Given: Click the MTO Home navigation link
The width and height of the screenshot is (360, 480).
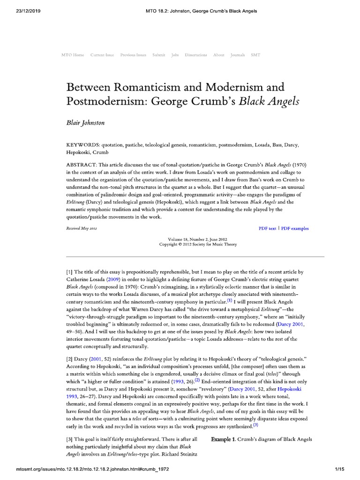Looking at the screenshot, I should coord(73,55).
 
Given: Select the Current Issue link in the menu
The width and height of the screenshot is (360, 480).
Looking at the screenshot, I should coord(102,55).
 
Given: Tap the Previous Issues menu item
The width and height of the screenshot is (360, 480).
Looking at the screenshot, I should coord(133,55).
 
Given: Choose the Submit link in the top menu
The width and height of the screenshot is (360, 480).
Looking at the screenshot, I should coord(158,55).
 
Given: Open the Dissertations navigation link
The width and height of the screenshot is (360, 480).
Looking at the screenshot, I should coord(196,55).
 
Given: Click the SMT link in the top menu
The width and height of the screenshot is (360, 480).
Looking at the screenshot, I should coord(255,55).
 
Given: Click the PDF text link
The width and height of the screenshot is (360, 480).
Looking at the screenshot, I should coord(267,229).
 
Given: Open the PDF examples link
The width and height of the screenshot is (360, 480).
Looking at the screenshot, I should coord(295,229).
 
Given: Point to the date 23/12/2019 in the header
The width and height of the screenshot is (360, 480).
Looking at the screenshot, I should coord(19,11).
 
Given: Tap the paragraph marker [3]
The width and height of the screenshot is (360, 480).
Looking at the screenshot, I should coord(71,439).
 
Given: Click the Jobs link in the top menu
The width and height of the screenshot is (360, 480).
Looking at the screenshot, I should coord(175,55).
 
